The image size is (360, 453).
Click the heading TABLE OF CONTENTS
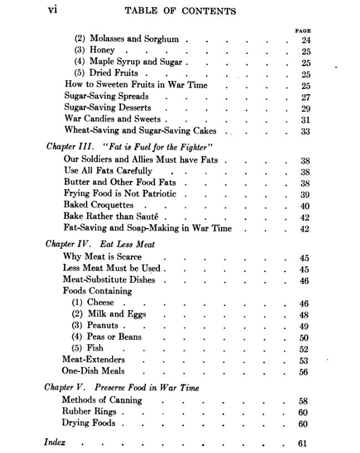180,11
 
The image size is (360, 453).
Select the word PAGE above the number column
303,31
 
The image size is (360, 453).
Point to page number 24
305,40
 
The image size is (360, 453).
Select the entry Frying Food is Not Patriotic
120,194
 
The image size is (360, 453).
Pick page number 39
304,194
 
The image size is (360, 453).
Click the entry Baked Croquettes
98,205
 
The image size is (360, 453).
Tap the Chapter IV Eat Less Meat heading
100,244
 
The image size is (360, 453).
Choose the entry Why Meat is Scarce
102,256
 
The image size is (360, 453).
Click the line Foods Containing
97,291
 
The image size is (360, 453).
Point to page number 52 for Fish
304,349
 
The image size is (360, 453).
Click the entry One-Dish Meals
93,371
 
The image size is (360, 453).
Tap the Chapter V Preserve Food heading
122,387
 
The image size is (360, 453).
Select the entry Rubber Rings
89,412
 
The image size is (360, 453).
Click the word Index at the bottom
55,442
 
